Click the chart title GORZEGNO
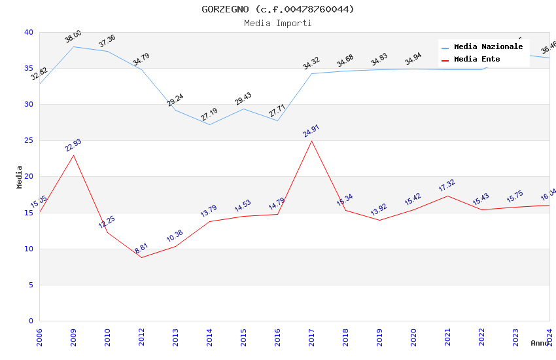pos(277,9)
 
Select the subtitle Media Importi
pos(277,23)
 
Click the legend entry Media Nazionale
pos(488,46)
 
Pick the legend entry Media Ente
pos(477,59)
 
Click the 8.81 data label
pos(141,248)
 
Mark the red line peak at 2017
pos(311,141)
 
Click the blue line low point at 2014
pos(209,124)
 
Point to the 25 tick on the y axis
pos(28,140)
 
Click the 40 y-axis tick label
pos(28,32)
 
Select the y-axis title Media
pos(19,177)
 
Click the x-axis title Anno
pos(540,343)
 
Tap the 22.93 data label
pos(73,145)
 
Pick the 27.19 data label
pos(209,115)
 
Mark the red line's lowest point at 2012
pos(141,257)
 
